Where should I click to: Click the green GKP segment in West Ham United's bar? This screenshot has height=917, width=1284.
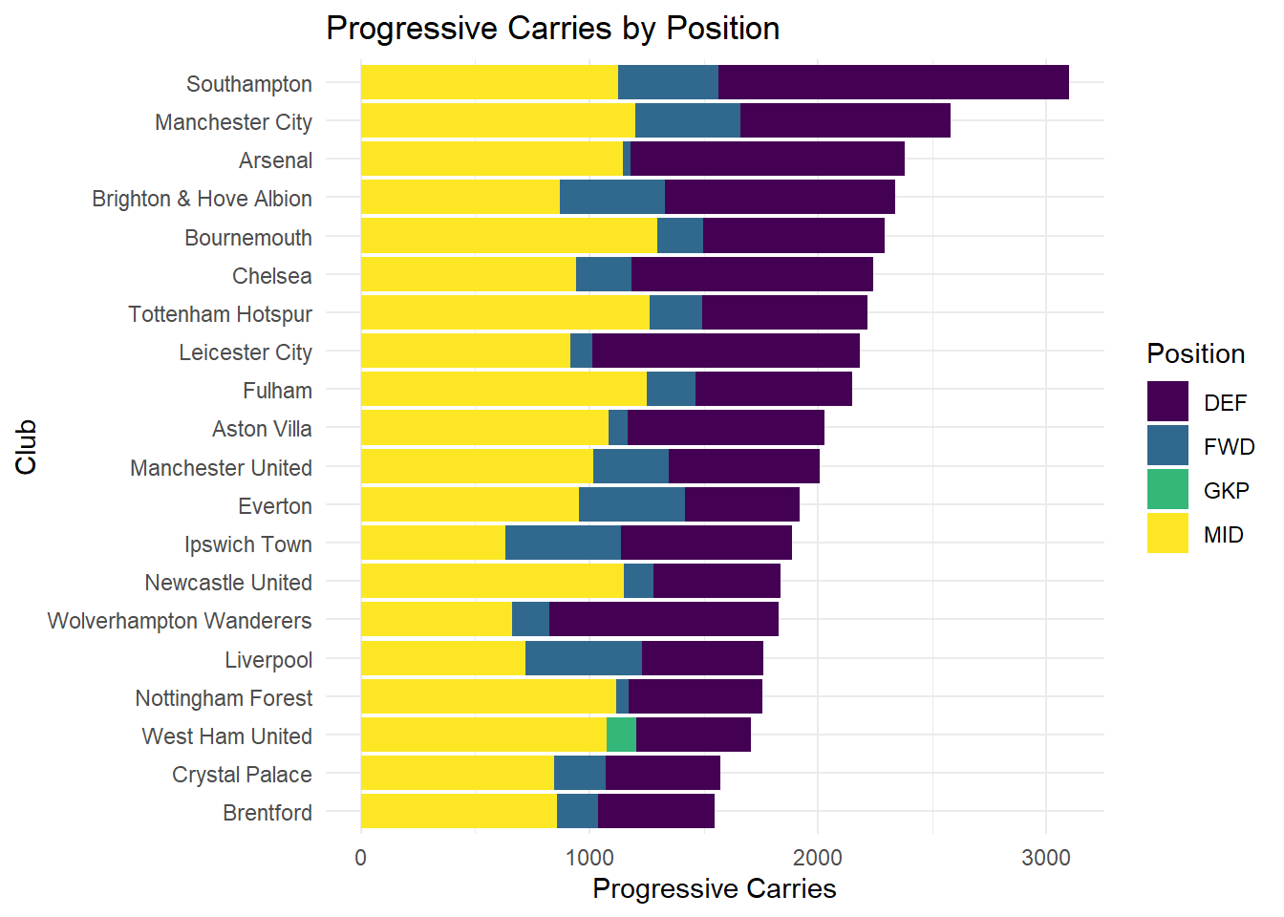click(x=621, y=736)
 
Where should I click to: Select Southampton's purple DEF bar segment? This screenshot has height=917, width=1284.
click(x=893, y=83)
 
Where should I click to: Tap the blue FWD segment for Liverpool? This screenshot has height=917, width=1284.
click(x=584, y=659)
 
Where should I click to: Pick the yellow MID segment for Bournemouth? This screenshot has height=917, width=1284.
click(x=508, y=236)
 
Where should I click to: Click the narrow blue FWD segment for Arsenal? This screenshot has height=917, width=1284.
click(x=627, y=160)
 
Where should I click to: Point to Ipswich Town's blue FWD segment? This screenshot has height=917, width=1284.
click(x=563, y=544)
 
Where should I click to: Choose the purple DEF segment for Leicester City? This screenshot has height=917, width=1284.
click(x=726, y=352)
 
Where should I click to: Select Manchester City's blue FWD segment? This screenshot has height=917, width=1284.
click(x=688, y=121)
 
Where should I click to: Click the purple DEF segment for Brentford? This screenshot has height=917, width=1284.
click(x=656, y=812)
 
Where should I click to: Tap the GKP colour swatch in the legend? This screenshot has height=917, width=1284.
click(x=1167, y=490)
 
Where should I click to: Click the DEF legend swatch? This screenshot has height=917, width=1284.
click(x=1167, y=402)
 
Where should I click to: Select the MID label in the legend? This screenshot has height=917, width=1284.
click(x=1224, y=535)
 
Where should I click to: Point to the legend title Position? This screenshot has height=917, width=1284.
click(x=1196, y=353)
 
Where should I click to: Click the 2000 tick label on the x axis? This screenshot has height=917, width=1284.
click(x=818, y=858)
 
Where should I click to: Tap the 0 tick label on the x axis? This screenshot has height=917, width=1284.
click(x=360, y=858)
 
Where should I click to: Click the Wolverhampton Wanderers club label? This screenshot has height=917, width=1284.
click(x=180, y=621)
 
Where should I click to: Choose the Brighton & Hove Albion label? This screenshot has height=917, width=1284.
click(x=202, y=199)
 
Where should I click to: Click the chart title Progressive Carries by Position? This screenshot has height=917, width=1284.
click(x=552, y=29)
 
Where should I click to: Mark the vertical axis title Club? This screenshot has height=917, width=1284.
click(x=26, y=446)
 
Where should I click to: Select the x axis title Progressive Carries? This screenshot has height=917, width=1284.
click(x=714, y=889)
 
